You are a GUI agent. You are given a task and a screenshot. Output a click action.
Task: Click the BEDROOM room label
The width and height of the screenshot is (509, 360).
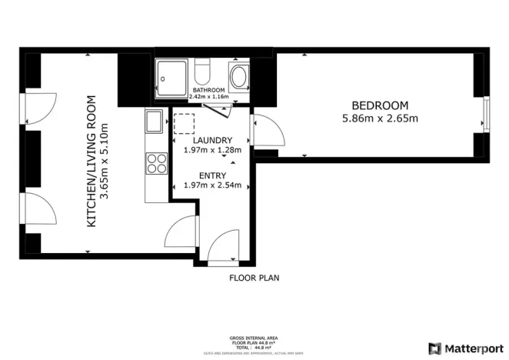tap(380, 105)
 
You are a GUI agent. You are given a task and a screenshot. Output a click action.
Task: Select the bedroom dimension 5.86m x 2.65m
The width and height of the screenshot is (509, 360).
tap(380, 118)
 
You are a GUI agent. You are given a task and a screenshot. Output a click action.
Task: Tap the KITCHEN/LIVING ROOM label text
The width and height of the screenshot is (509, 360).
tap(91, 162)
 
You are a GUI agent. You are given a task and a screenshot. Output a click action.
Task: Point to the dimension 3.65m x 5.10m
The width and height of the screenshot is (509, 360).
tap(105, 162)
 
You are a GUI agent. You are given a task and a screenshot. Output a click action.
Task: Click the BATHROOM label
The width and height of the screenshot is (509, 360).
tap(209, 90)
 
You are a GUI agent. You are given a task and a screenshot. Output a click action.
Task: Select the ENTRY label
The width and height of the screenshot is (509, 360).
tap(208, 175)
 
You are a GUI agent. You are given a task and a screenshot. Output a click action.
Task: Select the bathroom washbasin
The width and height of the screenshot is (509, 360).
tap(240, 77)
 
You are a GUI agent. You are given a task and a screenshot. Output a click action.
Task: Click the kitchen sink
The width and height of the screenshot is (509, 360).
tap(154, 122)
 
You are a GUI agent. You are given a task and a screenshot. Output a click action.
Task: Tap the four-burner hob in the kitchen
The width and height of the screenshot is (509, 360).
tap(157, 164)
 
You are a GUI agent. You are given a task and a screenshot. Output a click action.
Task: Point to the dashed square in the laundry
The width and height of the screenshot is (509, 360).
tap(185, 125)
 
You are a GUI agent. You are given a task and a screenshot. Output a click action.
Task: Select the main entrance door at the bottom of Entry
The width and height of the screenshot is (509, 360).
tap(228, 248)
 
